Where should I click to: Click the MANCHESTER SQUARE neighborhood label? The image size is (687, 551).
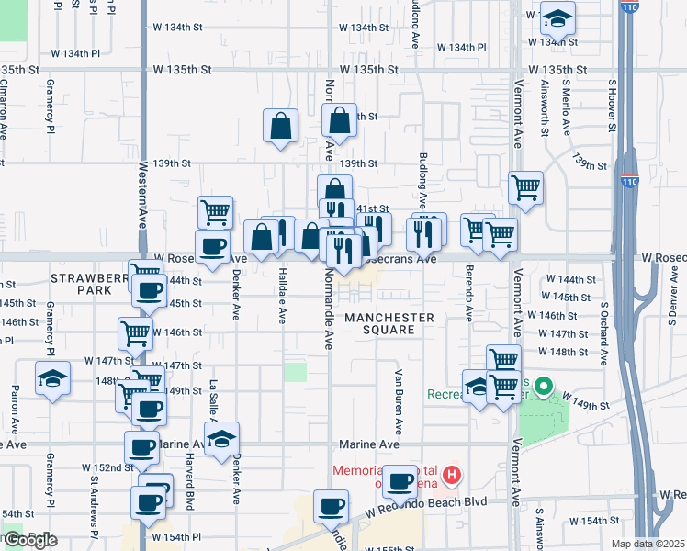coord(389,324)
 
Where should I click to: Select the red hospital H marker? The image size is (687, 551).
coord(452,475)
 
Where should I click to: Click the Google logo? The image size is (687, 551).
coord(30,540)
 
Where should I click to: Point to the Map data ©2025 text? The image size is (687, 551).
coord(648,544)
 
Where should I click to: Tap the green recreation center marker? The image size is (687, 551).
coord(543,387)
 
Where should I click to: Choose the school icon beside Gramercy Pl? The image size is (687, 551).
coord(52,377)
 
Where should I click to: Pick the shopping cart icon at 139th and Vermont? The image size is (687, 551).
coord(525,187)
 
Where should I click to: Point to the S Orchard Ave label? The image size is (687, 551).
coord(603,317)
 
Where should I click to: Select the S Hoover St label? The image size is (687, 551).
coord(613,106)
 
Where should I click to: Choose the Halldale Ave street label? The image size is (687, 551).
coord(280,298)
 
